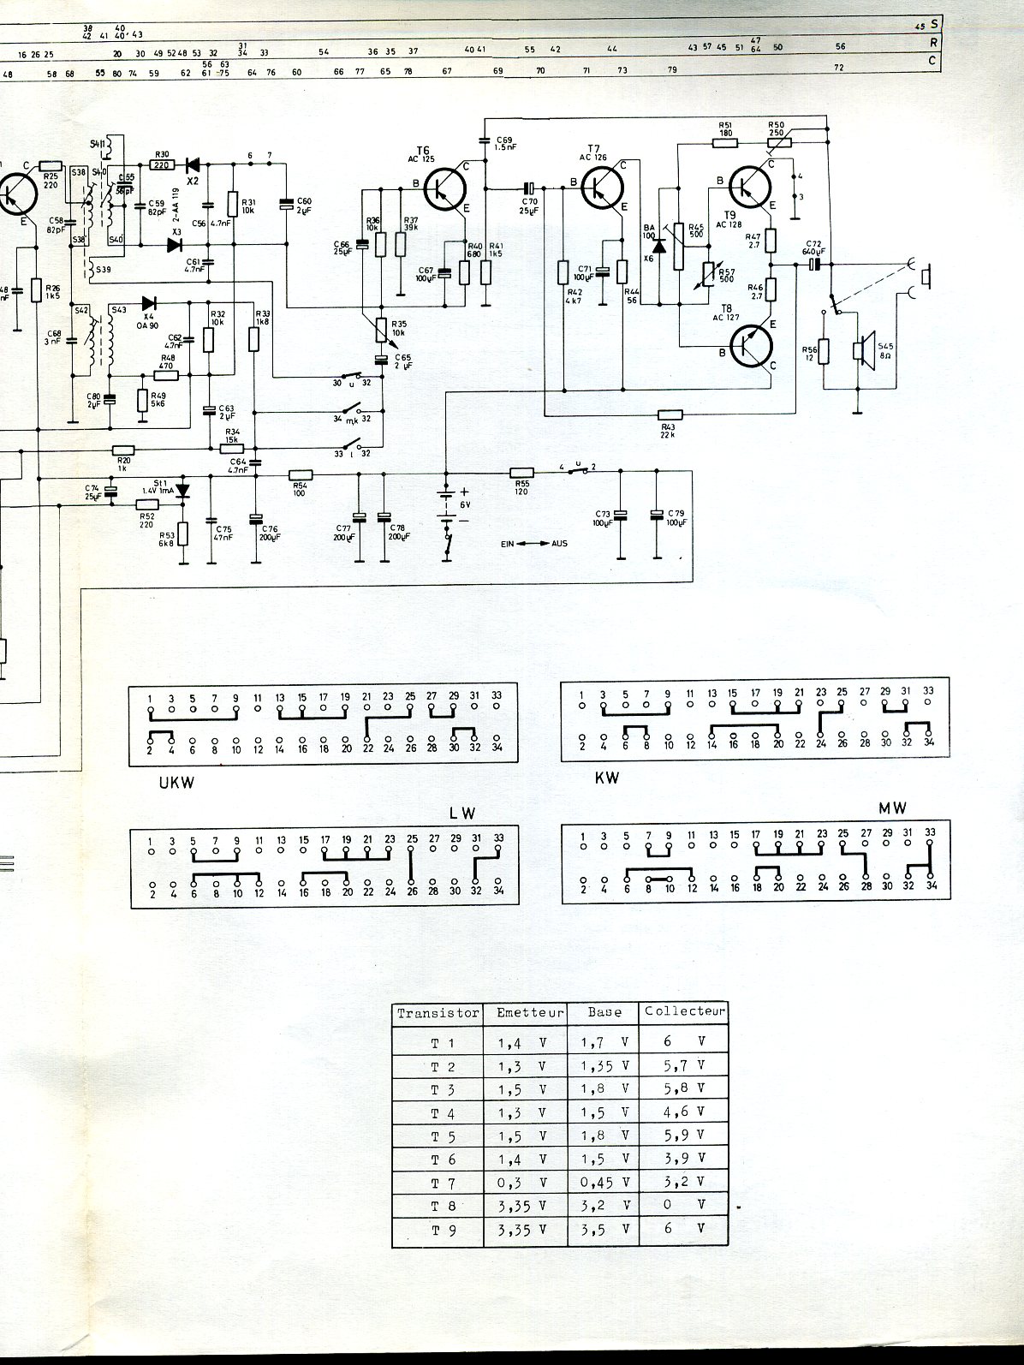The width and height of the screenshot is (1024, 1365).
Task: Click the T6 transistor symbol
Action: (446, 188)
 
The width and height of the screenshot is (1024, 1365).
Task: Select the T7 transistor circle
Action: (602, 188)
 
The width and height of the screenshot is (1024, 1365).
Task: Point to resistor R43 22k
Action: (669, 414)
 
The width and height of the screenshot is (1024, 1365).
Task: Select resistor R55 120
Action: (522, 472)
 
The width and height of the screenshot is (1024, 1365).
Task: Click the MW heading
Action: (892, 808)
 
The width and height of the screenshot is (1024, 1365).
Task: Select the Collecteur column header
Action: (685, 1011)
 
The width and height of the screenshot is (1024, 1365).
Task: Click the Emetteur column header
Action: (530, 1012)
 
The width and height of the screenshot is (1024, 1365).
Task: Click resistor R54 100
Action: (300, 474)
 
